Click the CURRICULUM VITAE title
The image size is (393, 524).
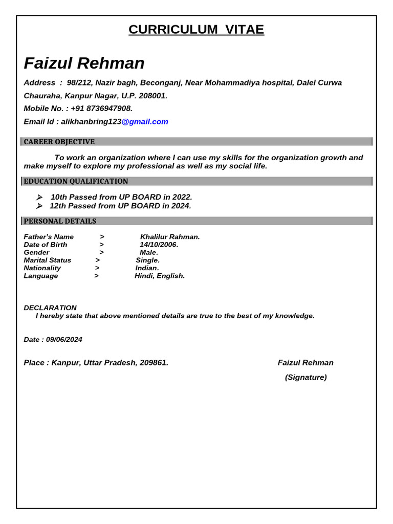196,30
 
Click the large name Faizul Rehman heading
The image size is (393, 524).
84,63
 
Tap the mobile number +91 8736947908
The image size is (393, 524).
101,108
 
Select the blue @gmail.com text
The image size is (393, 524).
145,122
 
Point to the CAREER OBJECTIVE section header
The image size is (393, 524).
59,142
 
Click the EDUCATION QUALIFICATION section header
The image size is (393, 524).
76,181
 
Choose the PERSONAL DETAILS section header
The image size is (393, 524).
60,221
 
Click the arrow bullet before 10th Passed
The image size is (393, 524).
39,197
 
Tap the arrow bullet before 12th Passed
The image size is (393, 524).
39,206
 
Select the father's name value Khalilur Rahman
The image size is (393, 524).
170,237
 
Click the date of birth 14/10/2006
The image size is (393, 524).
159,245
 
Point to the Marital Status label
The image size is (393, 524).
48,260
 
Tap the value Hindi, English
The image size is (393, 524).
160,276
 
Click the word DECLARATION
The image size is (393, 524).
50,308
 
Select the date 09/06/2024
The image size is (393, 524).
64,340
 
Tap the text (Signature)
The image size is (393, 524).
305,378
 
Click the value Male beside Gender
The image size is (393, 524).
149,252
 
